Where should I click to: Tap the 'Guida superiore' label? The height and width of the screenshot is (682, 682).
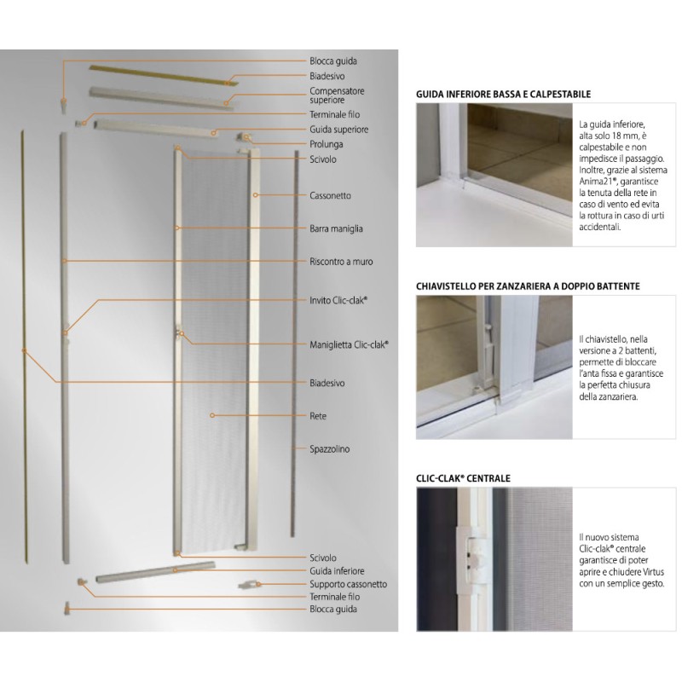(x=338, y=129)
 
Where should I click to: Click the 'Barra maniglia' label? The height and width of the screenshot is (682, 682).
(x=337, y=228)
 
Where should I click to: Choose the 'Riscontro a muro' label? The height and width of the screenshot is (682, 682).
(x=341, y=262)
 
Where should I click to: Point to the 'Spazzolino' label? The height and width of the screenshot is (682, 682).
(x=330, y=448)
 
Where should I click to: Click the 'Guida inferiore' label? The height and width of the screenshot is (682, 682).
(x=337, y=570)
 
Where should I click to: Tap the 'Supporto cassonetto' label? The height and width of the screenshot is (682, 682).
(x=348, y=584)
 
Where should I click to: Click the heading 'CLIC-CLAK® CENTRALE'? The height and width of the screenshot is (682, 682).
(x=463, y=479)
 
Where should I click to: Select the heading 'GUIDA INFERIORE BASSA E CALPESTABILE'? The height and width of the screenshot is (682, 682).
(x=503, y=94)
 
